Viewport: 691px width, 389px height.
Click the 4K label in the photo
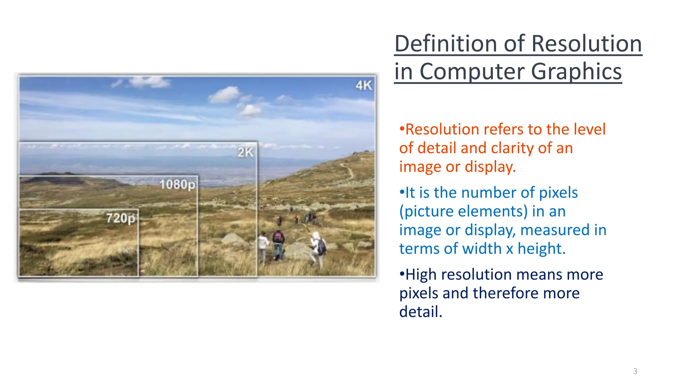(x=364, y=85)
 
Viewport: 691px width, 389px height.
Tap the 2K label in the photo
(x=245, y=152)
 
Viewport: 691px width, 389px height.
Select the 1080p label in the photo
(x=177, y=185)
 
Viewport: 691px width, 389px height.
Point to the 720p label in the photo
(x=121, y=218)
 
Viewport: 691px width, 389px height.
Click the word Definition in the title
(x=445, y=44)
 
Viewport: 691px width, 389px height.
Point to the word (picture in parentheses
(x=426, y=212)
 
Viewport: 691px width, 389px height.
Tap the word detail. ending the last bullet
(x=421, y=312)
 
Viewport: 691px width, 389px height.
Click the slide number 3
(x=635, y=371)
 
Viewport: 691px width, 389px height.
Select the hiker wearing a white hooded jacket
(x=318, y=248)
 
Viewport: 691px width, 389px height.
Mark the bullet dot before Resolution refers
(x=402, y=129)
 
